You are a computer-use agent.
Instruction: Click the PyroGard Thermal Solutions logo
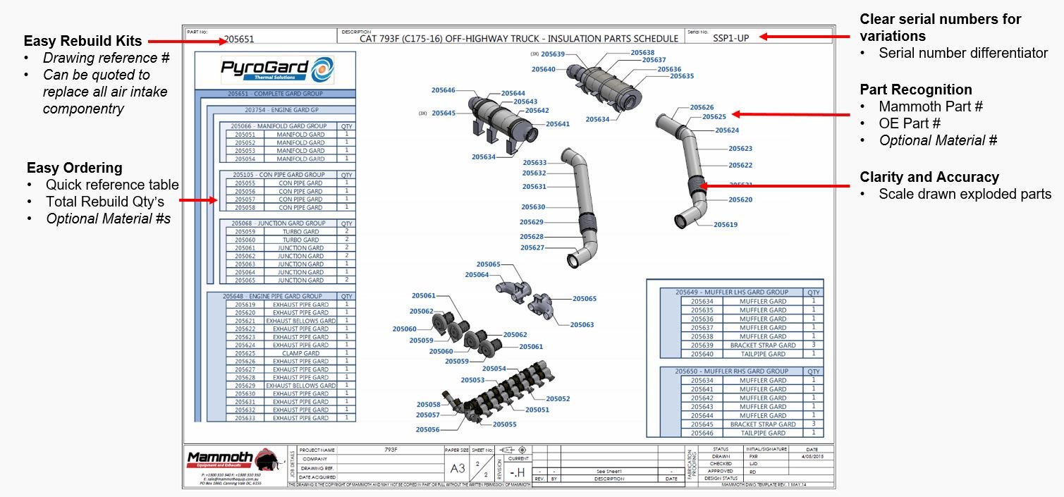pyautogui.click(x=276, y=71)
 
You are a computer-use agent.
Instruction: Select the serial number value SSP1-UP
pyautogui.click(x=731, y=38)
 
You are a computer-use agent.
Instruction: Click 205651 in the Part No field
pyautogui.click(x=239, y=39)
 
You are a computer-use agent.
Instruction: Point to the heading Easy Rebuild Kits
pyautogui.click(x=82, y=41)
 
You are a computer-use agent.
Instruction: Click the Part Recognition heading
pyautogui.click(x=915, y=90)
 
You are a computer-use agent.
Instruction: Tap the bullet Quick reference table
pyautogui.click(x=112, y=185)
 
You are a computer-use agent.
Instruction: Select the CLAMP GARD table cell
pyautogui.click(x=301, y=353)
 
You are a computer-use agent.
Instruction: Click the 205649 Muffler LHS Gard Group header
pyautogui.click(x=732, y=292)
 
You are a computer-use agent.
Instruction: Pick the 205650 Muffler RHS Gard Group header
pyautogui.click(x=732, y=371)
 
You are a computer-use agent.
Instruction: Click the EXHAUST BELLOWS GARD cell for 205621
pyautogui.click(x=301, y=321)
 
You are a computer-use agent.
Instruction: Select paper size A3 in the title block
pyautogui.click(x=457, y=468)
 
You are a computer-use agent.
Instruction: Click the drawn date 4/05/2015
pyautogui.click(x=812, y=456)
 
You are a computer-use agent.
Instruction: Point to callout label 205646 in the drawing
pyautogui.click(x=443, y=90)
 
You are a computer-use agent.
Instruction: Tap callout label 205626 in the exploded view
pyautogui.click(x=701, y=107)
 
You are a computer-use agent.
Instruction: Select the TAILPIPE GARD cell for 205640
pyautogui.click(x=763, y=354)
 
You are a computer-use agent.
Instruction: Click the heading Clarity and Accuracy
pyautogui.click(x=929, y=177)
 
